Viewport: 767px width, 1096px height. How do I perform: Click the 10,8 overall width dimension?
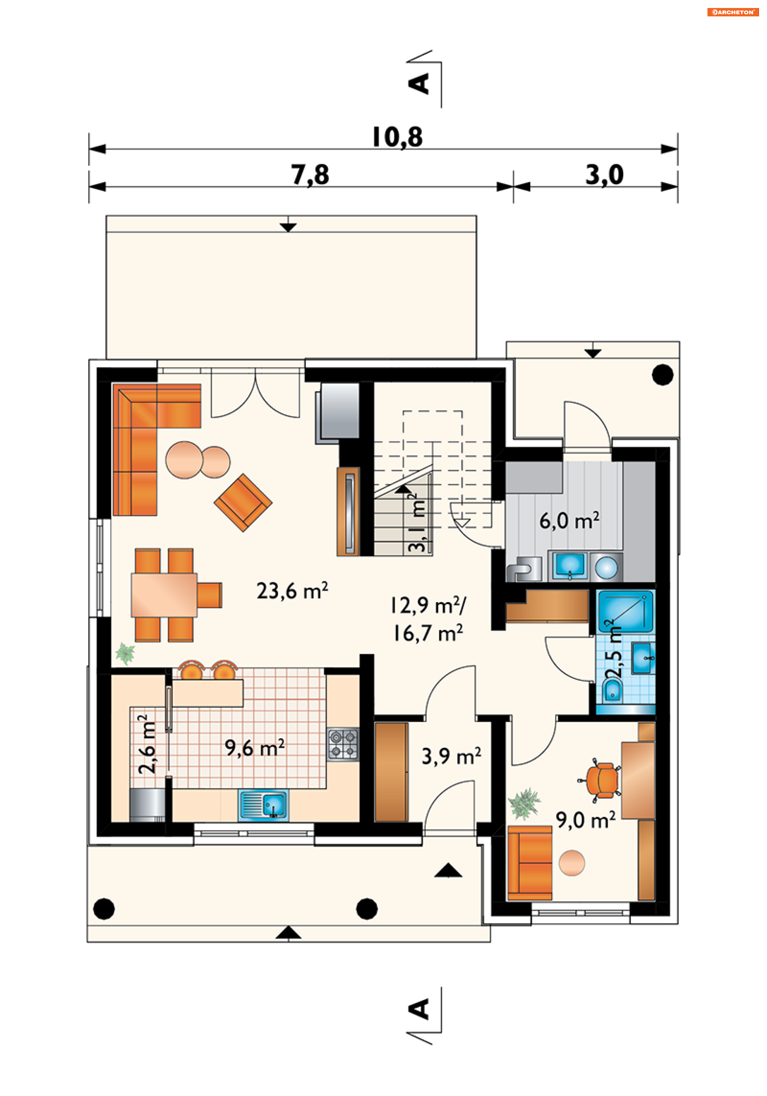click(397, 137)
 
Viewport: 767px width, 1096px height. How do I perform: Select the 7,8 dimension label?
click(310, 174)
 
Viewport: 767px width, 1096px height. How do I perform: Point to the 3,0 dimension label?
click(604, 174)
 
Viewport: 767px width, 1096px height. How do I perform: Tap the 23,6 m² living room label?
click(292, 591)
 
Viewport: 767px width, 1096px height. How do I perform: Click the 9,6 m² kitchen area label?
click(254, 748)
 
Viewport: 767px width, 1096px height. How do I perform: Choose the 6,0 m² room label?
click(569, 520)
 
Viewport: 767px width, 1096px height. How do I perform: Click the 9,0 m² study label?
click(585, 820)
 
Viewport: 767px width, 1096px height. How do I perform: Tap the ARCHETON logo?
click(733, 12)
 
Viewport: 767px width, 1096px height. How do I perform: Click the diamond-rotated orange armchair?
click(243, 502)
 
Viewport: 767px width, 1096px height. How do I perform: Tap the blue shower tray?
click(626, 611)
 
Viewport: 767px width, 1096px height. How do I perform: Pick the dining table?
click(164, 595)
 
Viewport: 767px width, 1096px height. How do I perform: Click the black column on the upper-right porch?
click(662, 375)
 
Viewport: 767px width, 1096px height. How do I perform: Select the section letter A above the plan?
click(419, 84)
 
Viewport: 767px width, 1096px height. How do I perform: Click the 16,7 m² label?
click(428, 633)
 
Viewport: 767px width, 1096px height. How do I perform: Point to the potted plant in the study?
click(524, 804)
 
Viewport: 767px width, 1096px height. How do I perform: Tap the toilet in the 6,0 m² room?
click(524, 568)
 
